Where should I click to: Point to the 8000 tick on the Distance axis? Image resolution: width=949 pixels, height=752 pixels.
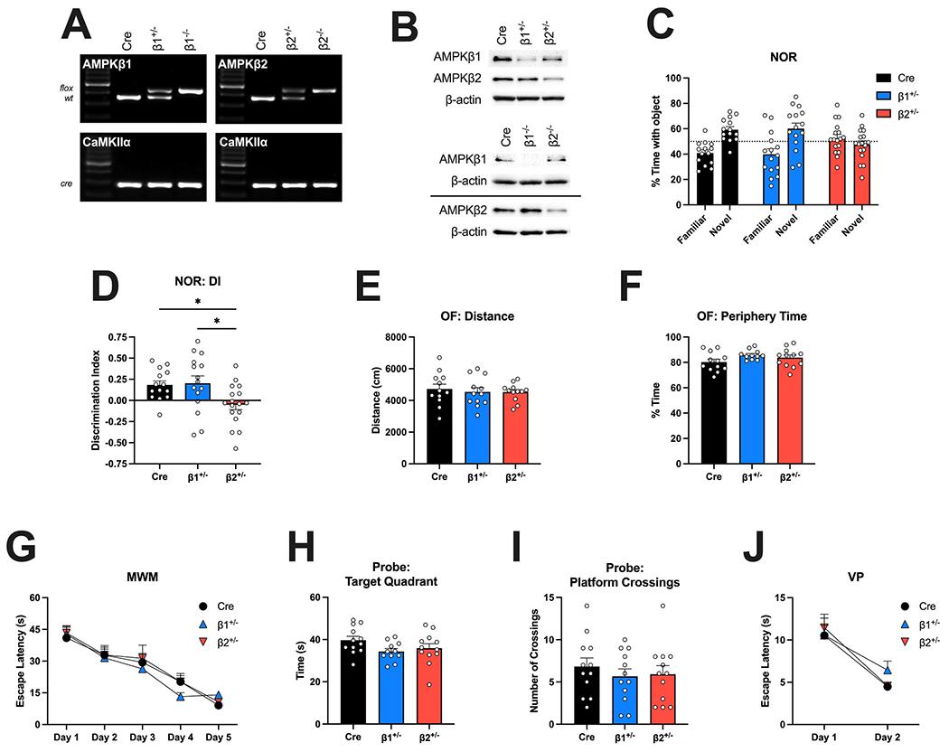tap(409, 337)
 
